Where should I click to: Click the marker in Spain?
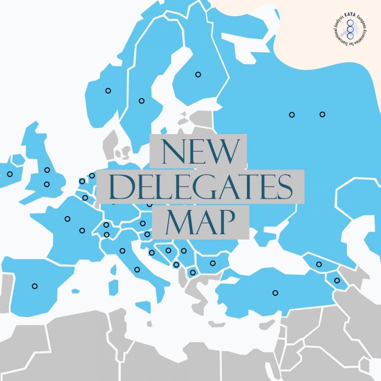(x=35, y=286)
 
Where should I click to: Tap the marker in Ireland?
(x=9, y=174)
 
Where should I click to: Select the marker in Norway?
(x=108, y=90)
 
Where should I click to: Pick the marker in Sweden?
(x=141, y=101)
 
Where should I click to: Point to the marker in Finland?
(x=198, y=74)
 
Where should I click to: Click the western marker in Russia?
(x=292, y=115)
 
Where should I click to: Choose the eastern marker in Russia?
(x=322, y=114)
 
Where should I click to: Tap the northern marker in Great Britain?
(x=47, y=170)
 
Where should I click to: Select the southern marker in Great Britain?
(x=47, y=184)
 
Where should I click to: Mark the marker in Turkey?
(x=275, y=293)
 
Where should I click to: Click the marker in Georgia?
(x=319, y=264)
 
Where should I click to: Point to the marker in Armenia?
(x=337, y=280)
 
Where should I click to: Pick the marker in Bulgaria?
(x=213, y=263)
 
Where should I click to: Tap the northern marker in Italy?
(x=122, y=251)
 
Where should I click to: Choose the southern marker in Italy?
(x=137, y=269)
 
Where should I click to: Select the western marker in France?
(x=67, y=219)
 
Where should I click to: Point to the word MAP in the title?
(x=199, y=223)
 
